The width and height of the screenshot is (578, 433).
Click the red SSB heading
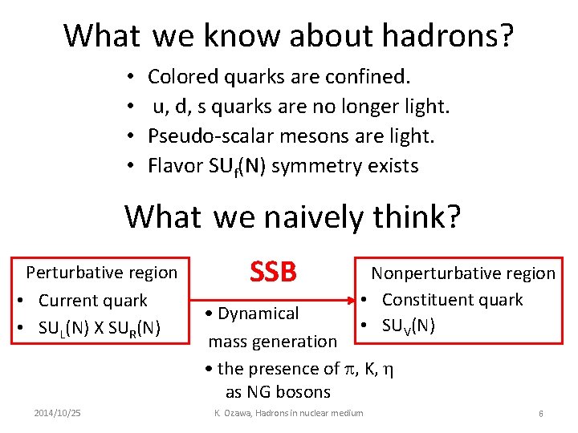[x=273, y=273]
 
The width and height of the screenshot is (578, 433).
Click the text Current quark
[x=93, y=301]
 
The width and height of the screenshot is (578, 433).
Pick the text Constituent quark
[x=452, y=300]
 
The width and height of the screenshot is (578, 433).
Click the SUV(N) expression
[x=409, y=326]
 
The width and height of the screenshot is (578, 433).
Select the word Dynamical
[x=258, y=314]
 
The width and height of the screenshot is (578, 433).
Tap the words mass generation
[x=273, y=342]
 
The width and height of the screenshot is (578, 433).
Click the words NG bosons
[x=278, y=392]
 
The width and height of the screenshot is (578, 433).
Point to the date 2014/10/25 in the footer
[x=57, y=413]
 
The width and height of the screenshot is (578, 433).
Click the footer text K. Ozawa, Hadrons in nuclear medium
[x=288, y=413]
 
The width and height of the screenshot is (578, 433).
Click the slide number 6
[x=541, y=413]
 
